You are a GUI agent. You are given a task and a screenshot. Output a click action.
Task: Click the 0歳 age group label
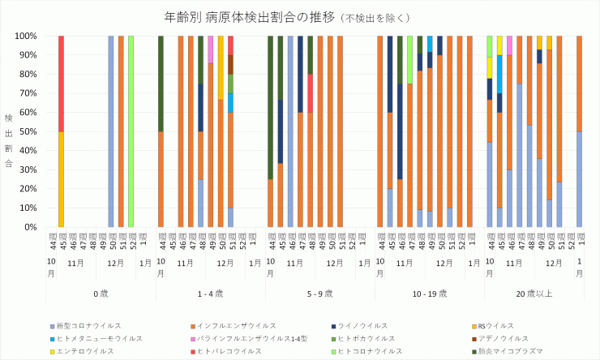pyautogui.click(x=101, y=292)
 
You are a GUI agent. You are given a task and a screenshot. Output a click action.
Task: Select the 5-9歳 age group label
pyautogui.click(x=320, y=292)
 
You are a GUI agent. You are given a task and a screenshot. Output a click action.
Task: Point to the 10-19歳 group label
pyautogui.click(x=430, y=292)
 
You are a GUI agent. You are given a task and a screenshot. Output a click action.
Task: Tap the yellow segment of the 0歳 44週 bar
pyautogui.click(x=61, y=179)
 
